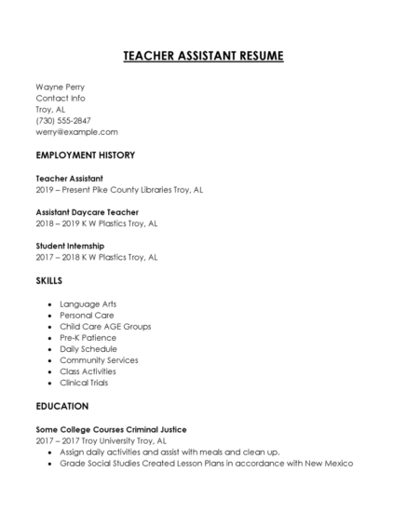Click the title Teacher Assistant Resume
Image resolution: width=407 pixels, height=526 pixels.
203,56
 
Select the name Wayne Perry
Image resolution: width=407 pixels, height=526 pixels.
61,87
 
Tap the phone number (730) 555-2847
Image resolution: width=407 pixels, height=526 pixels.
63,120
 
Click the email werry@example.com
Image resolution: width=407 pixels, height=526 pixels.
76,131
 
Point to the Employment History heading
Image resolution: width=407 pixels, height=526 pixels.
85,155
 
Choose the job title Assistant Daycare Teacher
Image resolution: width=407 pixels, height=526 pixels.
87,211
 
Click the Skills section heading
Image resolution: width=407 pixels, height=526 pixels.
49,279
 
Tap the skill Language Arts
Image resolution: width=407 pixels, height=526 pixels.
88,303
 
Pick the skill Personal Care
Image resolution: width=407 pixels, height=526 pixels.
87,315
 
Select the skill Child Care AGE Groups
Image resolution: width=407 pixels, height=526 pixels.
104,326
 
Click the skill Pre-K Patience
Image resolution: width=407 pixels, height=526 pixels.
88,337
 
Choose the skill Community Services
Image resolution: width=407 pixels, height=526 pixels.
99,359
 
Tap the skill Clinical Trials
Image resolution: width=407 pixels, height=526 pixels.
88,382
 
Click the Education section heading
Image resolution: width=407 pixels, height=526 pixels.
61,406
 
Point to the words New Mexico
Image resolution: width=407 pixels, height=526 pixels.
325,463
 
